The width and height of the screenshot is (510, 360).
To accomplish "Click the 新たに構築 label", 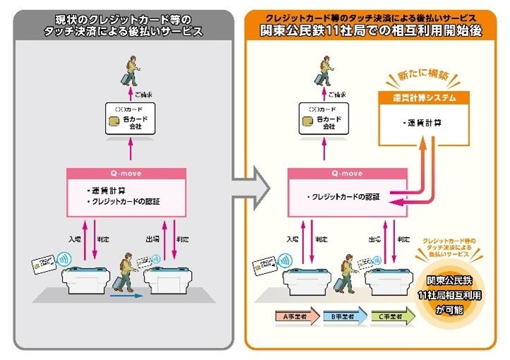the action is coord(416,75).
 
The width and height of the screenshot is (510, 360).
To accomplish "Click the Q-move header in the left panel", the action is coord(127,173).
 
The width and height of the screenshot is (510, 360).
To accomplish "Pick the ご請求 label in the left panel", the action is coord(143,94).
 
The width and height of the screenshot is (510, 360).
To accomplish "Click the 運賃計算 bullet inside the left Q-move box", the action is coord(109,191).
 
